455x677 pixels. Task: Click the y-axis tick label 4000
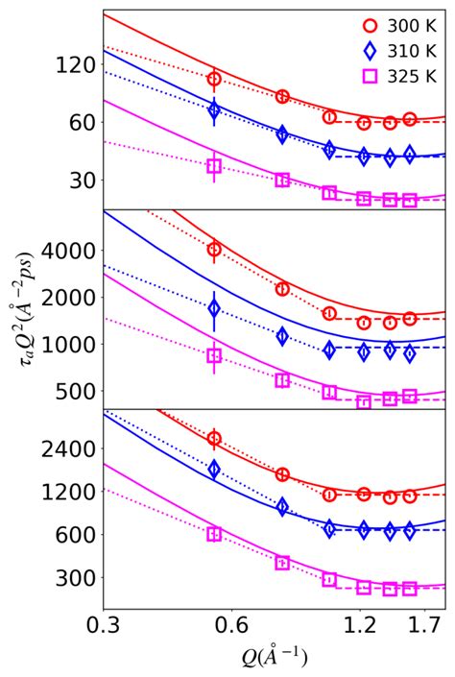[x=69, y=251]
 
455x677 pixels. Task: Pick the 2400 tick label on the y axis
[x=69, y=448]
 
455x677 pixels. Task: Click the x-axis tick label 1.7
[x=430, y=626]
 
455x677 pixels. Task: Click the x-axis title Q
[x=274, y=658]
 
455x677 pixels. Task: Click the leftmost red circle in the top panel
[x=214, y=79]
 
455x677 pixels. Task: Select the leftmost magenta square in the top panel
[x=214, y=166]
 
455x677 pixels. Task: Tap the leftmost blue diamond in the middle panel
[x=214, y=308]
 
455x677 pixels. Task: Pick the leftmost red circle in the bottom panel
[x=214, y=438]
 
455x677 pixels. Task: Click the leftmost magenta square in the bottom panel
[x=214, y=534]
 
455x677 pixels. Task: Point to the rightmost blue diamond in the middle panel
[x=410, y=353]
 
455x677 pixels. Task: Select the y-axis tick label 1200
[x=69, y=492]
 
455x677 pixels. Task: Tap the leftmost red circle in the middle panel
[x=214, y=250]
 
